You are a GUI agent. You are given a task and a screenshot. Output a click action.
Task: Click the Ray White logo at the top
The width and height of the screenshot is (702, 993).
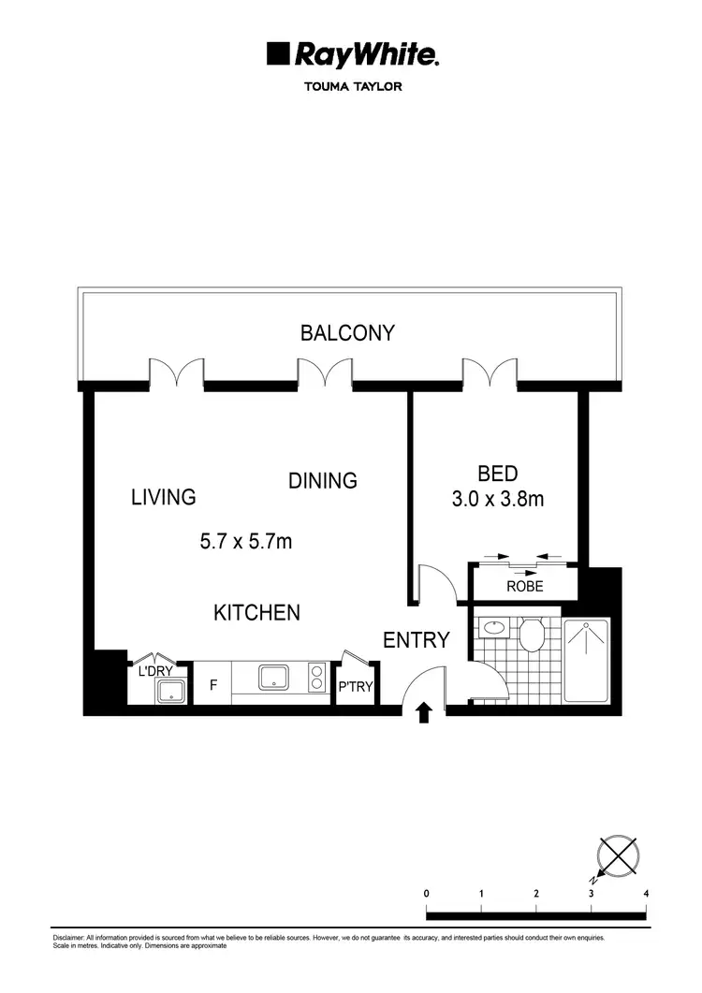point(352,55)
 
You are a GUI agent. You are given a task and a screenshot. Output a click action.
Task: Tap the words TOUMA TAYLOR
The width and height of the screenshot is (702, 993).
point(352,89)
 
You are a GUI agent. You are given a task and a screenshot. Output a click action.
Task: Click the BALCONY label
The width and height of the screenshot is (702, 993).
point(347,332)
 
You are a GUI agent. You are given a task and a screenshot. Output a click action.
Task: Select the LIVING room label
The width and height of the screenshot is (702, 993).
point(164,497)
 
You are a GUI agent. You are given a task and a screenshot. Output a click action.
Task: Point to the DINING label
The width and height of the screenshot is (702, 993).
point(322,480)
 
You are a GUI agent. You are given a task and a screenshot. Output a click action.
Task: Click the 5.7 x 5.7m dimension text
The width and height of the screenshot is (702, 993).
point(246,541)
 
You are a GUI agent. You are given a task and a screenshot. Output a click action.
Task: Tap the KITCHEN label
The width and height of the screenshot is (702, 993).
point(257,612)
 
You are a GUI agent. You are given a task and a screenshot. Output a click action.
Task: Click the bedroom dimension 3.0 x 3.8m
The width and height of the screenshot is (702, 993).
point(498,499)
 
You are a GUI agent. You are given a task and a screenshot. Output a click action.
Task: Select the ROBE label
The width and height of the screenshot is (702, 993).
point(524,587)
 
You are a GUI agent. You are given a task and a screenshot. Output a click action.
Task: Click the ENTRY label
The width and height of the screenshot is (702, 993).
point(417,640)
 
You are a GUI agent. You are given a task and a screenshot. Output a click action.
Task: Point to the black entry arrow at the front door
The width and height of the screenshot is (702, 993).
point(423,714)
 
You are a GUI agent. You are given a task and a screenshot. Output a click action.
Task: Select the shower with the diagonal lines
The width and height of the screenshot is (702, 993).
point(587,660)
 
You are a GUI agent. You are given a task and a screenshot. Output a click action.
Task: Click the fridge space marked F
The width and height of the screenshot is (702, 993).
point(213,685)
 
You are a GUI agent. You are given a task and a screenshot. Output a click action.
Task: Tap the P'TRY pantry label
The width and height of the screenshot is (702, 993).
point(356,687)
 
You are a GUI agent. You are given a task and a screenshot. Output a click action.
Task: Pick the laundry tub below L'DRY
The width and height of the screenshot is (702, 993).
point(171,692)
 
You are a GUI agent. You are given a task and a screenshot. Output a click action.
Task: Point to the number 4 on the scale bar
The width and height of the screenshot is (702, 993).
point(647,894)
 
